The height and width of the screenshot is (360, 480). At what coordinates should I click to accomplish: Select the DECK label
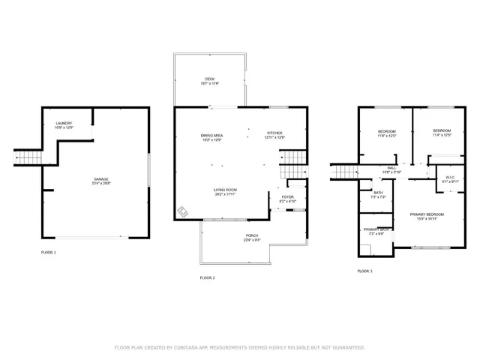click(210, 80)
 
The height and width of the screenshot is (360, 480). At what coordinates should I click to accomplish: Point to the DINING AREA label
click(211, 136)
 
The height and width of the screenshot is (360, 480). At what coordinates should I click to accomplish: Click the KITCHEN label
click(274, 136)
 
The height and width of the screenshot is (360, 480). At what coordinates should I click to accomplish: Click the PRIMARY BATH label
click(376, 230)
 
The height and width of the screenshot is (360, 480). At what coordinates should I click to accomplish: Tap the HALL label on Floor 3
click(391, 169)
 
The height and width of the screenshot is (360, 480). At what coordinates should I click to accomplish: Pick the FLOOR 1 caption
click(49, 253)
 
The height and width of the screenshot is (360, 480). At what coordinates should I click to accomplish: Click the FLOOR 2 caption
click(208, 278)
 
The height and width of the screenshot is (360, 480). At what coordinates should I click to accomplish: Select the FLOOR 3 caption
click(364, 271)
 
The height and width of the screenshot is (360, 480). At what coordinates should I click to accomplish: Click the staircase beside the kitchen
click(293, 158)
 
